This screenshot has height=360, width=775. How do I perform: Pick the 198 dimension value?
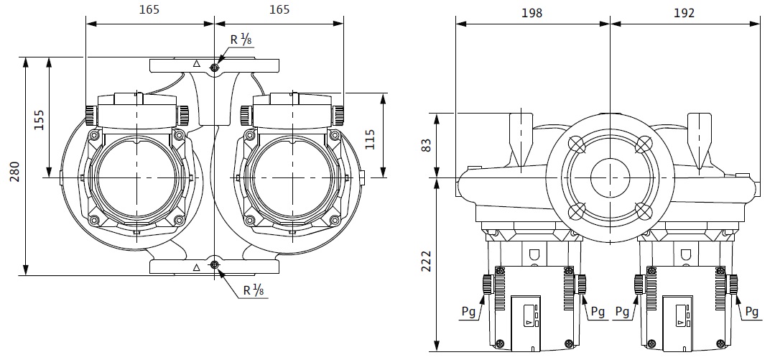pyautogui.click(x=532, y=12)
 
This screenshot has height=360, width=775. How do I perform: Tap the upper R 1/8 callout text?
pyautogui.click(x=241, y=41)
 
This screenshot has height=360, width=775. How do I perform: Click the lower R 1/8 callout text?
pyautogui.click(x=253, y=291)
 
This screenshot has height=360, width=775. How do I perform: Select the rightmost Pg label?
pyautogui.click(x=751, y=312)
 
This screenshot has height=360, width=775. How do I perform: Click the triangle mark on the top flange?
pyautogui.click(x=196, y=64)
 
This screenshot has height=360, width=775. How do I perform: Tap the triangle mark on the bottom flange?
pyautogui.click(x=196, y=267)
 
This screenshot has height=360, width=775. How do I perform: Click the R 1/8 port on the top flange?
pyautogui.click(x=215, y=68)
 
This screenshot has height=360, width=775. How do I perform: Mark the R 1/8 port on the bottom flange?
pyautogui.click(x=215, y=266)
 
